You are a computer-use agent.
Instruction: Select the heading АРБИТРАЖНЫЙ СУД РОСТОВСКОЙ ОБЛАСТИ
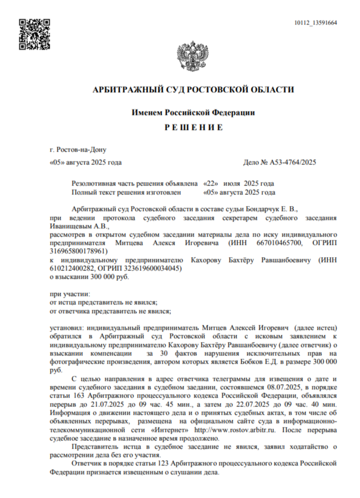pyautogui.click(x=193, y=89)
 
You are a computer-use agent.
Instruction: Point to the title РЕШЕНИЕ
pyautogui.click(x=193, y=128)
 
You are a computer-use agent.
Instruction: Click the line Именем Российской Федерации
pyautogui.click(x=193, y=112)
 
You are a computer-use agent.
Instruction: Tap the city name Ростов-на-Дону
pyautogui.click(x=78, y=149)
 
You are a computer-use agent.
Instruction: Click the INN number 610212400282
pyautogui.click(x=73, y=268)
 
